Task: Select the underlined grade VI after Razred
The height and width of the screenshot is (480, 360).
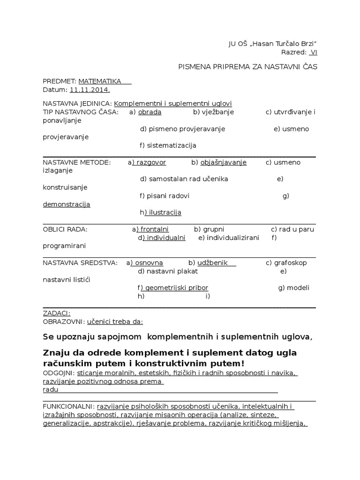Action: point(314,52)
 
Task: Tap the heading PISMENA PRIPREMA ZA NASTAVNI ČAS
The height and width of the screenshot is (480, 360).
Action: point(247,67)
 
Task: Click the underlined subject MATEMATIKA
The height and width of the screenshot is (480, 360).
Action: point(100,81)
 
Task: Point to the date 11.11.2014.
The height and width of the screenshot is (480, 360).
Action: point(90,90)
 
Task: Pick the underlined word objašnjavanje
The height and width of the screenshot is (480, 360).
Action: point(223,163)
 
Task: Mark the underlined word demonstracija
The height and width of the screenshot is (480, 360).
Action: point(67,204)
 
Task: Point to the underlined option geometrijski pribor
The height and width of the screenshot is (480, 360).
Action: point(176,288)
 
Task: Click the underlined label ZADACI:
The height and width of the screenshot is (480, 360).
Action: point(57,313)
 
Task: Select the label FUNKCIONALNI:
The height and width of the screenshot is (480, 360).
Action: point(68,407)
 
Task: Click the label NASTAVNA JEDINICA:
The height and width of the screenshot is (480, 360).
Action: point(77,104)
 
